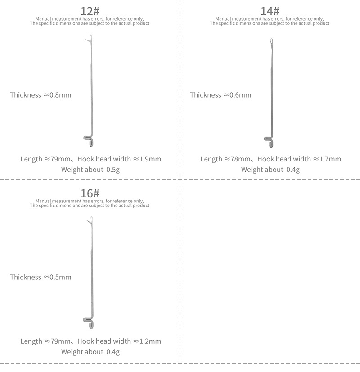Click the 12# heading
point(90,11)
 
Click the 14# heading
point(270,11)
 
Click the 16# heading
point(90,193)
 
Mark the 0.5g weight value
point(112,170)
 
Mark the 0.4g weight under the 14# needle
point(292,170)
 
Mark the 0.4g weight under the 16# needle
point(112,352)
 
